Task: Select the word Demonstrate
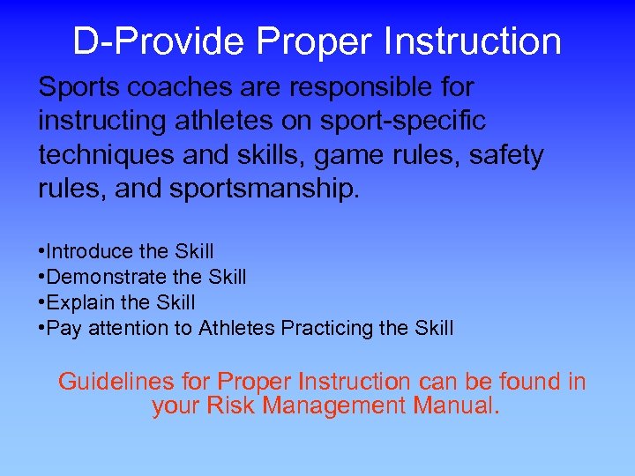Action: pos(102,278)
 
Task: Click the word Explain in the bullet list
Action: pos(78,303)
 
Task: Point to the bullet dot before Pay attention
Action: pos(42,329)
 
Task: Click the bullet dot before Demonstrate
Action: pos(42,278)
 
